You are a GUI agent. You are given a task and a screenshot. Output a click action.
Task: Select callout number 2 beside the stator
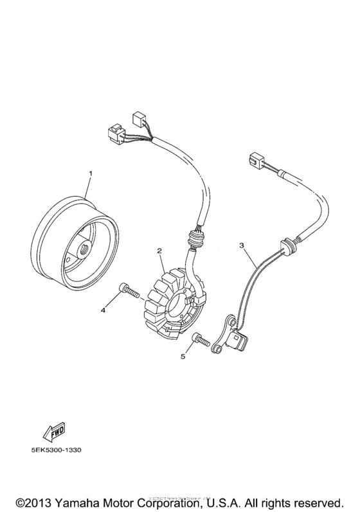158,251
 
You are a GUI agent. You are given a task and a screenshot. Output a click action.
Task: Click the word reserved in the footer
318,500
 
